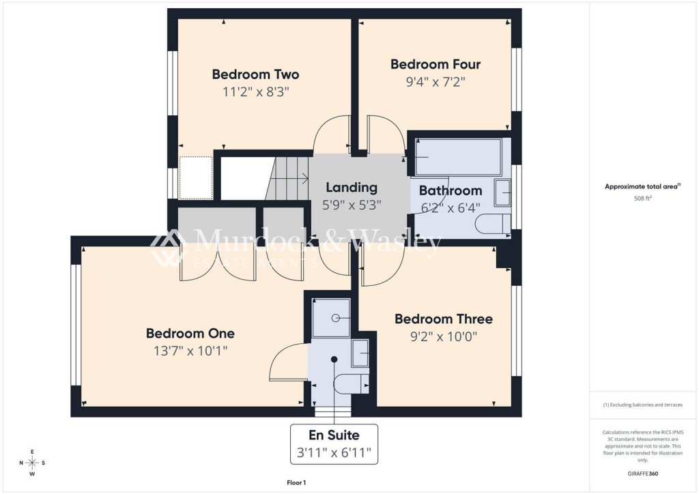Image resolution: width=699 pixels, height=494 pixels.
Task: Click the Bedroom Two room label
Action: click(x=255, y=74)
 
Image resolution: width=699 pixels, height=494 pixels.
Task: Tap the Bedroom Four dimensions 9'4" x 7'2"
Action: click(x=436, y=82)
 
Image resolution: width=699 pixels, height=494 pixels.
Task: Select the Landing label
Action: click(x=352, y=188)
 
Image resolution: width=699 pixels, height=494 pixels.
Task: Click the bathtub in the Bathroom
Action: click(x=458, y=157)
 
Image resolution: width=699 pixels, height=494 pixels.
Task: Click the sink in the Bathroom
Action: click(x=502, y=192)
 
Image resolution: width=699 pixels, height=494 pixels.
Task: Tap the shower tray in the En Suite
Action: click(x=331, y=317)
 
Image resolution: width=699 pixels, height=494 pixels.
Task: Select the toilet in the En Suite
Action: click(x=352, y=383)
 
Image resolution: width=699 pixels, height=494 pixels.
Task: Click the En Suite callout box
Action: click(x=334, y=444)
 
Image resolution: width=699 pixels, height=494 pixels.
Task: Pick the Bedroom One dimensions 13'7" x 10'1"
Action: click(x=191, y=351)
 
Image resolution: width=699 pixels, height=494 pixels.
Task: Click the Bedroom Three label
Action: click(x=444, y=319)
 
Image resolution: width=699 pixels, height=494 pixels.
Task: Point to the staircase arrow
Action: click(x=289, y=179)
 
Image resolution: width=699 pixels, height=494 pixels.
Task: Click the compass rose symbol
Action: click(x=32, y=463)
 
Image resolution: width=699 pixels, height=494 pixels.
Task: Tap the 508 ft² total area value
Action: click(x=643, y=199)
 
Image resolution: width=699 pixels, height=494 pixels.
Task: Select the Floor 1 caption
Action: click(x=296, y=482)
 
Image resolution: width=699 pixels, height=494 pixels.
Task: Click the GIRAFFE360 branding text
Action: click(x=643, y=474)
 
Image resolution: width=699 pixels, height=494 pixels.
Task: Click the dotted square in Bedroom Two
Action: click(x=196, y=177)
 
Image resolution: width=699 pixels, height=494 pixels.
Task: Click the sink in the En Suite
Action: click(x=360, y=353)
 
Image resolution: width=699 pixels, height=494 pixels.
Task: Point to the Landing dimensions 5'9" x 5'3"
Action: click(x=352, y=205)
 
